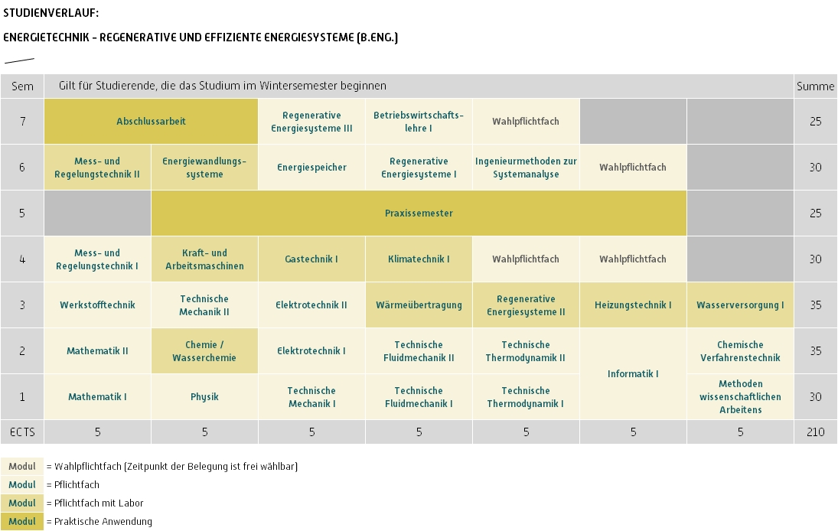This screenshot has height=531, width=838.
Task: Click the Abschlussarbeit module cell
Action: pyautogui.click(x=152, y=121)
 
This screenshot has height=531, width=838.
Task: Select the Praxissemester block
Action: pyautogui.click(x=419, y=213)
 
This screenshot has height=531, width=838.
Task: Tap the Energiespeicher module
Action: pyautogui.click(x=311, y=168)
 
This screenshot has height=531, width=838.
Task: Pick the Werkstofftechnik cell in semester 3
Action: pyautogui.click(x=97, y=305)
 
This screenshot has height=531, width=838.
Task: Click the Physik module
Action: pyautogui.click(x=204, y=397)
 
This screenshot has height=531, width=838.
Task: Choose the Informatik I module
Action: pyautogui.click(x=634, y=374)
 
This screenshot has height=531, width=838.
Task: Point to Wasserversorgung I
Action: pyautogui.click(x=740, y=305)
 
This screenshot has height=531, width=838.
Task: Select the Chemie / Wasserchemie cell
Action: pyautogui.click(x=204, y=351)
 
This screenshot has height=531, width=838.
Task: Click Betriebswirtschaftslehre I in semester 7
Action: pyautogui.click(x=419, y=121)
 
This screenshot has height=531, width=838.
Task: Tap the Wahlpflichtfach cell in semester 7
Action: pyautogui.click(x=526, y=121)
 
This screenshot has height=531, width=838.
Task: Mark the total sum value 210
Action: pyautogui.click(x=816, y=432)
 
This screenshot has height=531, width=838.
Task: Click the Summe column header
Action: pyautogui.click(x=816, y=86)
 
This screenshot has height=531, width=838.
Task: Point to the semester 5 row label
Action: pyautogui.click(x=22, y=213)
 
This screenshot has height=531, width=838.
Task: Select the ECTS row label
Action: pyautogui.click(x=22, y=432)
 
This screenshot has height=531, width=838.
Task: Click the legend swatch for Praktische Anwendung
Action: pyautogui.click(x=22, y=521)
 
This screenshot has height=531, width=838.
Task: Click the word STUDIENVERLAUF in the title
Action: pyautogui.click(x=51, y=13)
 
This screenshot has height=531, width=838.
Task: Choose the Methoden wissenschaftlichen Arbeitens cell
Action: pyautogui.click(x=740, y=397)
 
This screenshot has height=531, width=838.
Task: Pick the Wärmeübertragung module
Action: pyautogui.click(x=419, y=305)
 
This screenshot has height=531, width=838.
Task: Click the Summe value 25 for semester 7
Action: pyautogui.click(x=816, y=121)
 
